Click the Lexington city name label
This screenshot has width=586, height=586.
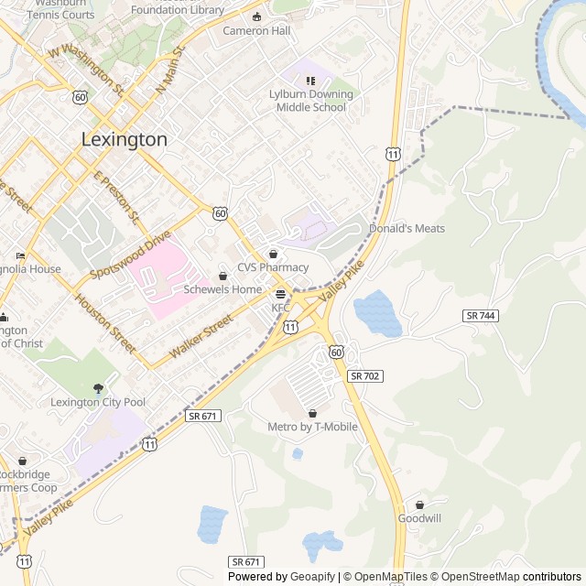[125, 140]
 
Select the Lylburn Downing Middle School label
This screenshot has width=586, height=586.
[311, 101]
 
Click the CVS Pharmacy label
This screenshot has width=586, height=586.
[273, 267]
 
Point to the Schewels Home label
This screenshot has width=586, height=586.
[222, 289]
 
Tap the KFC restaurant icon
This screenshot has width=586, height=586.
[280, 294]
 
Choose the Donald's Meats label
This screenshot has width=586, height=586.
[407, 228]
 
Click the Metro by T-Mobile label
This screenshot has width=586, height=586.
[312, 427]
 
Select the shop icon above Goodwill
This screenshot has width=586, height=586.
[419, 505]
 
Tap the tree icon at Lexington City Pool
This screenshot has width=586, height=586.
[98, 388]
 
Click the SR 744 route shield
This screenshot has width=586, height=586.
[480, 315]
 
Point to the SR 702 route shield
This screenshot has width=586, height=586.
[364, 376]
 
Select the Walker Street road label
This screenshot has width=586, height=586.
[201, 337]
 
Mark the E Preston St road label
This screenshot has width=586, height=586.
[115, 198]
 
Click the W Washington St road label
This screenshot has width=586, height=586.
[87, 71]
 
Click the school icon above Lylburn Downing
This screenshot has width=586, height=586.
[310, 81]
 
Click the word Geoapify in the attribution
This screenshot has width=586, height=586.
[313, 577]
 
